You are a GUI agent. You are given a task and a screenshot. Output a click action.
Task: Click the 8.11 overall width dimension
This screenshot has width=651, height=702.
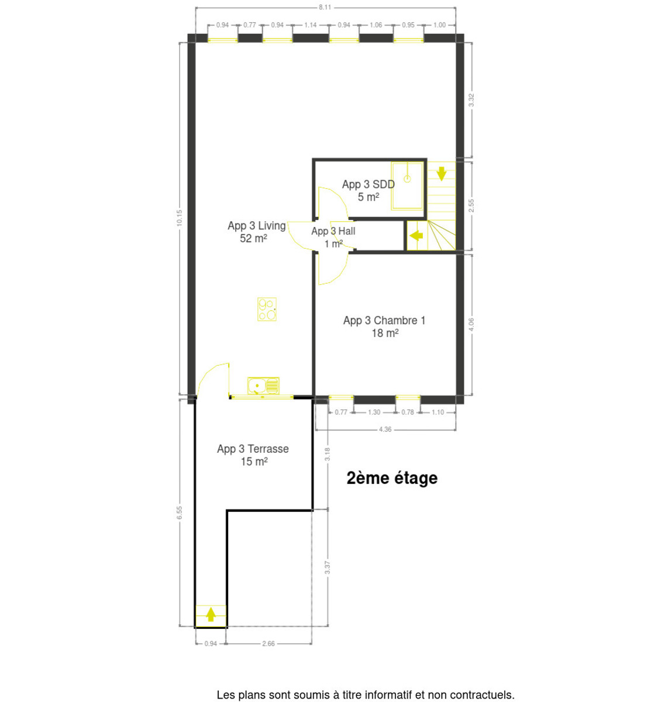click(325, 7)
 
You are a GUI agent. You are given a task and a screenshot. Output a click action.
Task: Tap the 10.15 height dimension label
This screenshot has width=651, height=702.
click(180, 218)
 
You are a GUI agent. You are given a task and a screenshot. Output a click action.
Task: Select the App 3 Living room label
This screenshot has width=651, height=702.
click(256, 232)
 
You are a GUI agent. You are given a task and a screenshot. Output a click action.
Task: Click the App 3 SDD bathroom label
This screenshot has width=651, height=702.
click(368, 191)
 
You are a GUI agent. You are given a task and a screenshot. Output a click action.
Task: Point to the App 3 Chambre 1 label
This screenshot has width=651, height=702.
click(384, 326)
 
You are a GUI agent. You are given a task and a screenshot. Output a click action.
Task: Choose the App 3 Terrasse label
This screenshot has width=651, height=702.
click(253, 455)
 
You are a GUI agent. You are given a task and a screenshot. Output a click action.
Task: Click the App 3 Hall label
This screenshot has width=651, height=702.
click(333, 237)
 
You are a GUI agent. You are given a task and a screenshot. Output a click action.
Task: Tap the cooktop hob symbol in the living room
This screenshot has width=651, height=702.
click(267, 309)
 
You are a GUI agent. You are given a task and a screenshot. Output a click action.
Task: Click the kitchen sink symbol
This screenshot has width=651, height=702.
click(263, 386)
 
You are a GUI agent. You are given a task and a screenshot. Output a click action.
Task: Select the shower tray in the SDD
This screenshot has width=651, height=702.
click(407, 186)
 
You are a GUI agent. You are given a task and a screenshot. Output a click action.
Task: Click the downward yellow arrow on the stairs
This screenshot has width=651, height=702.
click(441, 174)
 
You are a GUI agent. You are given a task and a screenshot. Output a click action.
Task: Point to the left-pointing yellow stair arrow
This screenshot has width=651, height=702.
click(416, 235)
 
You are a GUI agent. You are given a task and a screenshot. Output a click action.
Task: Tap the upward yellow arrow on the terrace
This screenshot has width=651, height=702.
click(211, 614)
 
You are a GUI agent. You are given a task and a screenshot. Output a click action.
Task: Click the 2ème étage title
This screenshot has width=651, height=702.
click(392, 479)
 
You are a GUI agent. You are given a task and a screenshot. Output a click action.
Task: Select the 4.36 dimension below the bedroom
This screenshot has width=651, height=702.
click(385, 429)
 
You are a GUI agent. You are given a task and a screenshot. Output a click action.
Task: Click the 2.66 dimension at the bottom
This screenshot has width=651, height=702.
click(268, 643)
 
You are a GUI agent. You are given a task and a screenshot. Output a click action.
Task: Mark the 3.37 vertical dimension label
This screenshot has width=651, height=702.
click(328, 567)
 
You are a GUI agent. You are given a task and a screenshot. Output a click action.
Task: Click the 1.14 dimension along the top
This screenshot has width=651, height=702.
click(311, 25)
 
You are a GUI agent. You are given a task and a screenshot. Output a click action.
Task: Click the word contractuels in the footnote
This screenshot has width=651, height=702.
click(482, 694)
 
